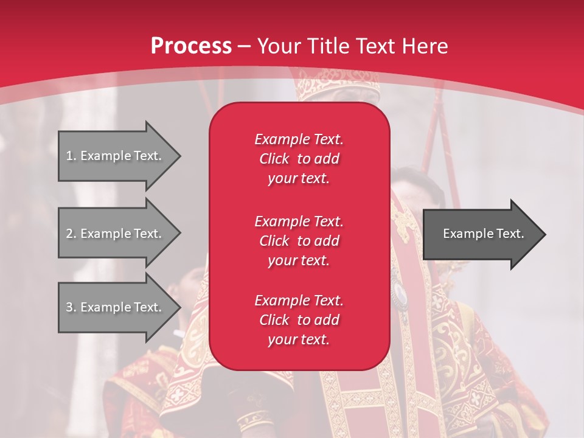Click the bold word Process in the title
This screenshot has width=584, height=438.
click(191, 46)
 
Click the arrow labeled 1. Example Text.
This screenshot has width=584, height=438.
click(116, 156)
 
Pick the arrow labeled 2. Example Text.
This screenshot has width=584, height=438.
click(116, 234)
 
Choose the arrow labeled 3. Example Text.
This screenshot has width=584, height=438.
click(116, 307)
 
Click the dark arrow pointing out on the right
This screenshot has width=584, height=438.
click(481, 234)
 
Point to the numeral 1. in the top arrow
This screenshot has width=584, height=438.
click(71, 156)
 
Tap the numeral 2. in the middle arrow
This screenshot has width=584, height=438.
click(71, 234)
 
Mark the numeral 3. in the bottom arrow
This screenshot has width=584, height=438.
click(71, 307)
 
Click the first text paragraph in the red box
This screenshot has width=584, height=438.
click(299, 159)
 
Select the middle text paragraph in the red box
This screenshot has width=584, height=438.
click(299, 241)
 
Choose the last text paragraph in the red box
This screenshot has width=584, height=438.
click(299, 320)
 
